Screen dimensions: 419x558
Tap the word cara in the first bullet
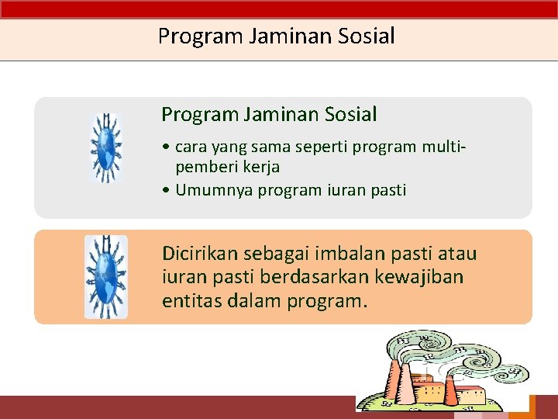[x=190, y=147]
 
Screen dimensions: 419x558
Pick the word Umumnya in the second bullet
[x=208, y=190]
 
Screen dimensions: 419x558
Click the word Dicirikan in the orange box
[x=199, y=254]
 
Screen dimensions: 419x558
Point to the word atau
[x=457, y=254]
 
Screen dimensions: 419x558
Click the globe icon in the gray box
[x=106, y=147]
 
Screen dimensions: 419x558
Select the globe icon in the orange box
[x=106, y=277]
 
